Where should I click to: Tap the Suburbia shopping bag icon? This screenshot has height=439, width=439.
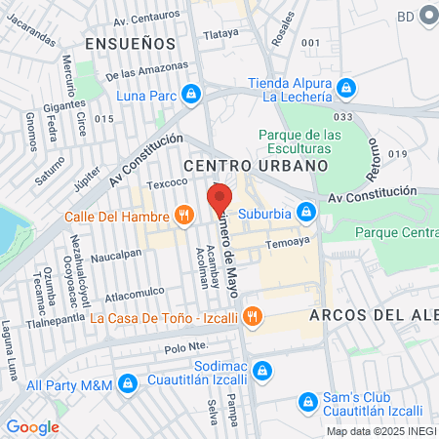(x=306, y=211)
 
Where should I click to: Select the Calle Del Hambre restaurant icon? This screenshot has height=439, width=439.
(x=182, y=217)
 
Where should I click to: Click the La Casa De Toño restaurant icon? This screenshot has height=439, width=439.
(x=252, y=316)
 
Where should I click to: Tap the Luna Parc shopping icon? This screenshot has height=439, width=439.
(x=192, y=95)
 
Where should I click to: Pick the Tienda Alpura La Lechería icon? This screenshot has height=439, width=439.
(x=343, y=90)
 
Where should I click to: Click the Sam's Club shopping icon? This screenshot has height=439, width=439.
(x=306, y=401)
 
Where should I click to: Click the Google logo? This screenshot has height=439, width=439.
(x=32, y=426)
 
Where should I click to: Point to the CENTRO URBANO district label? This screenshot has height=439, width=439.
(x=254, y=167)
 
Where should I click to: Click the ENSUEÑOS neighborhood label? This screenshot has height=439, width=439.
(x=130, y=44)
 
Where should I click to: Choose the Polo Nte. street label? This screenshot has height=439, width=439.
(x=187, y=347)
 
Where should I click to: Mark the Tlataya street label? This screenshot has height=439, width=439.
(x=219, y=32)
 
